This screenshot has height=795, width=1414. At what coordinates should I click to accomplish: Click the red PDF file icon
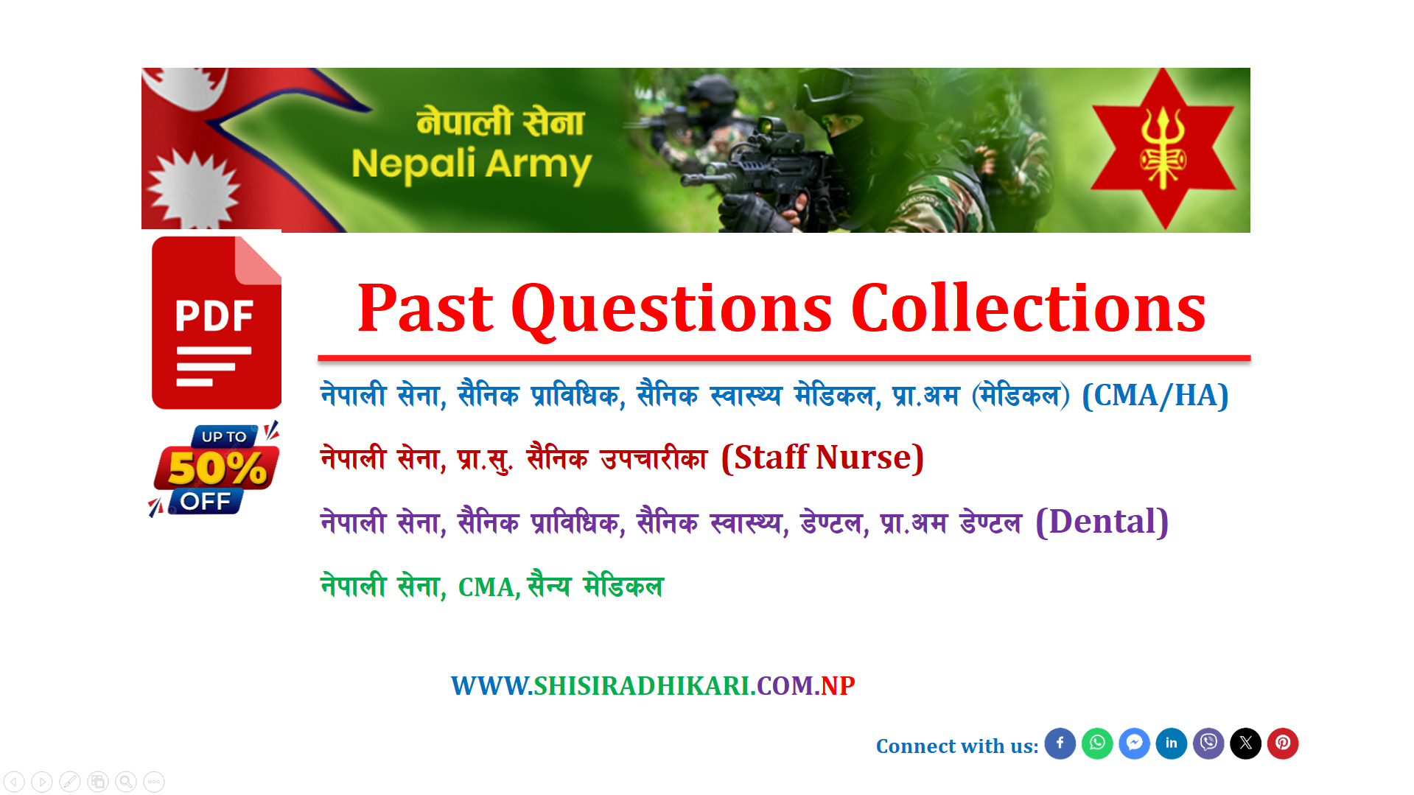216,322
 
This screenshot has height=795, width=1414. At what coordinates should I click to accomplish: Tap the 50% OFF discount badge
214,469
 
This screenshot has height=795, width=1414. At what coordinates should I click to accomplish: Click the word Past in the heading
425,308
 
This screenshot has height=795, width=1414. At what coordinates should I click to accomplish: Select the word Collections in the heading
1028,308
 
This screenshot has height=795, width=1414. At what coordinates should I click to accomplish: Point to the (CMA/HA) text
1155,396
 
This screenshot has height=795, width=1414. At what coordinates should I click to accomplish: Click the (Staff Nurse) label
822,458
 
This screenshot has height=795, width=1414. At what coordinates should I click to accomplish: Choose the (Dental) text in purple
1102,522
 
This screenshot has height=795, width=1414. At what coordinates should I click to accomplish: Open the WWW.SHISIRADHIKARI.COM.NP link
653,686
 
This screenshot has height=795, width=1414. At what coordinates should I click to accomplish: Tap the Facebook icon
1060,743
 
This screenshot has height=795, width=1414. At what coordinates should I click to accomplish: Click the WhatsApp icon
1097,743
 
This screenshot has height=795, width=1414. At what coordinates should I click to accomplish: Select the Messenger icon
1135,743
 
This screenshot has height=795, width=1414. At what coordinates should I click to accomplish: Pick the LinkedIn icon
1172,743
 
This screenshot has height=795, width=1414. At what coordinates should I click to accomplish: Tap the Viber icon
1208,743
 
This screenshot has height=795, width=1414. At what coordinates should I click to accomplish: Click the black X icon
1246,743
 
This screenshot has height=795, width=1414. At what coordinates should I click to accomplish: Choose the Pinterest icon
1283,743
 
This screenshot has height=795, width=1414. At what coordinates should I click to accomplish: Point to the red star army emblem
1163,148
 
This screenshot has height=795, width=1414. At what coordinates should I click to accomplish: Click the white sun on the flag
194,189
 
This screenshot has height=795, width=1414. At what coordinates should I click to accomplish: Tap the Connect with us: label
957,746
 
